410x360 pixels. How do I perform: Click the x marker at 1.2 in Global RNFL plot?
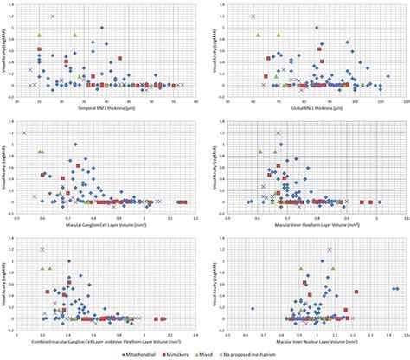(253, 16)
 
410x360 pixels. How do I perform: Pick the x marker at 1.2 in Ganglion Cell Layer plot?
(24, 132)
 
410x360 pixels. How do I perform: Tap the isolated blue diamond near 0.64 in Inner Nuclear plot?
(253, 308)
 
